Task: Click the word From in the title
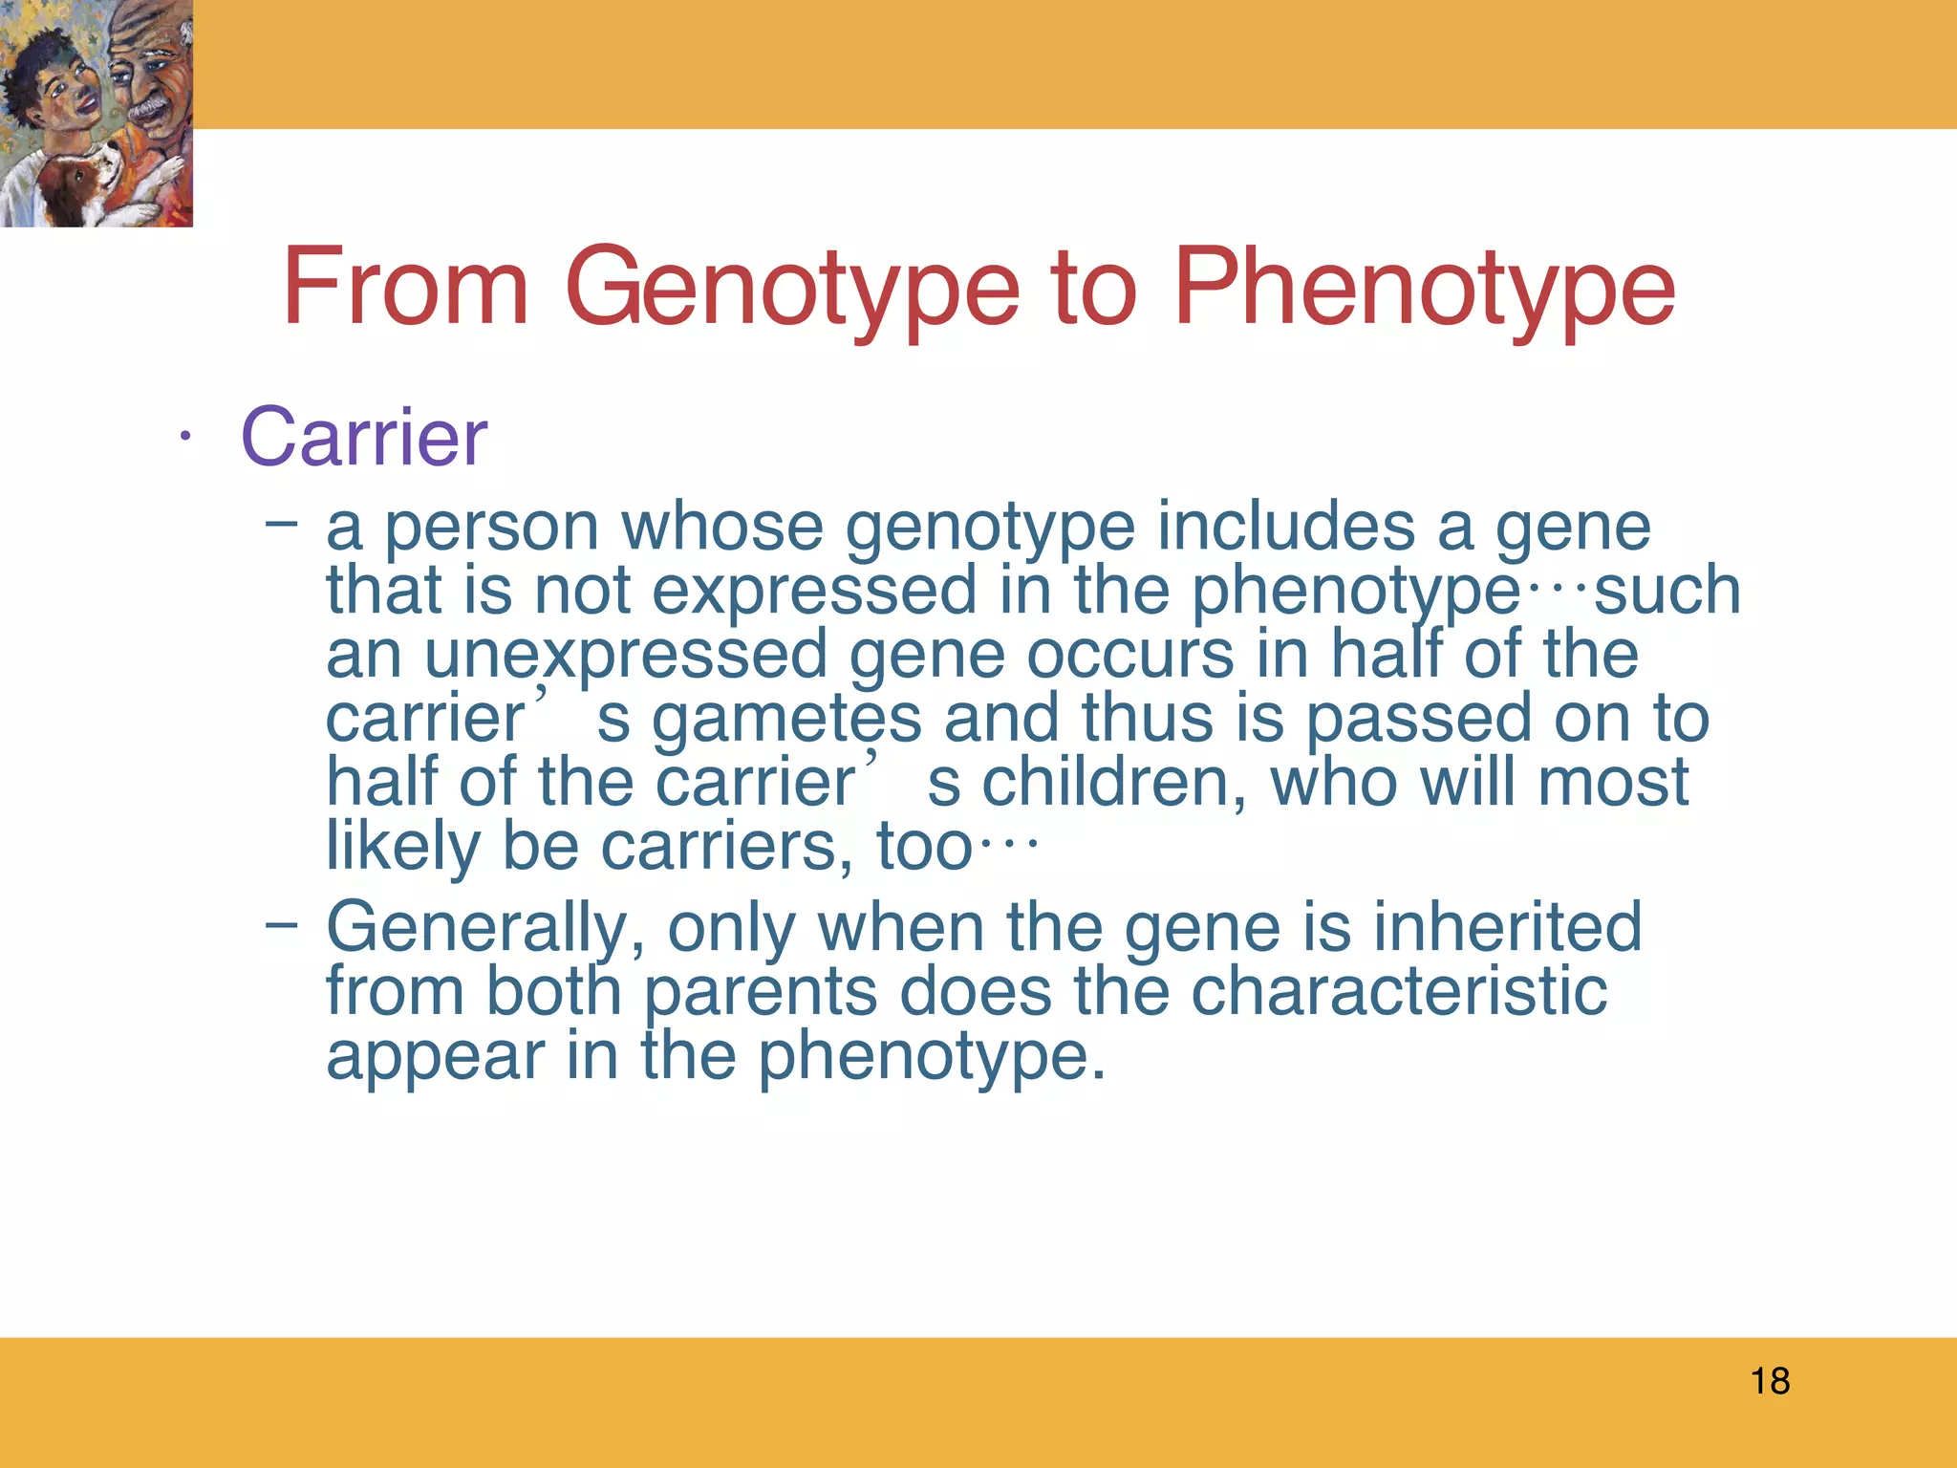[405, 287]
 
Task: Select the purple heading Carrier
[364, 437]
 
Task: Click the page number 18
[1770, 1381]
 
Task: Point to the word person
[491, 529]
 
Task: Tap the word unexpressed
[626, 657]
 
